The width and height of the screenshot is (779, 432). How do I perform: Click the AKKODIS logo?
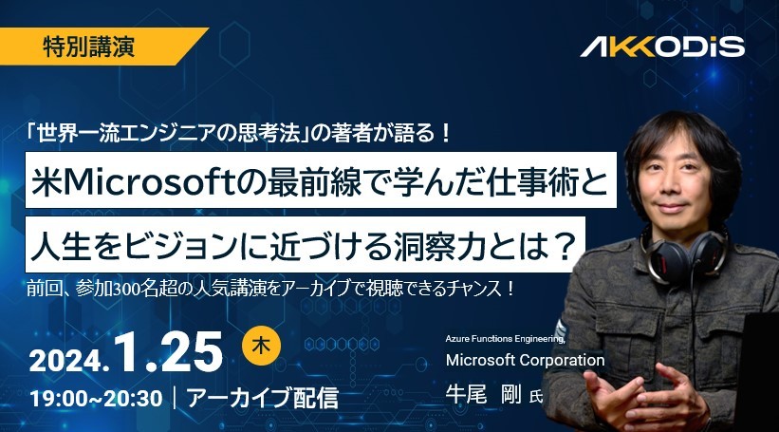coord(662,47)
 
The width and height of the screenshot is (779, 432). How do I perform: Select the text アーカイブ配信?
coord(262,398)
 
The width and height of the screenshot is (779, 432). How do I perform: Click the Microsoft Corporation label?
coord(525,361)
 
